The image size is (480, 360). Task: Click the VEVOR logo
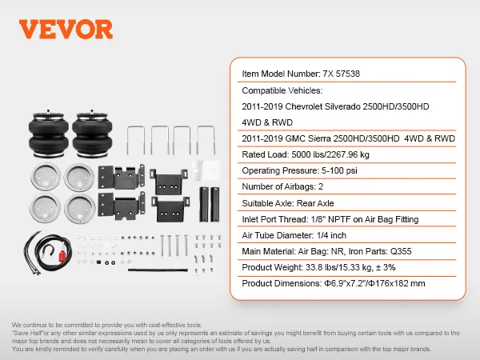coord(65,29)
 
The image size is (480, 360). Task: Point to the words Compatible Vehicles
coord(282,90)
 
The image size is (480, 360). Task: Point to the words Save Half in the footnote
coord(24,332)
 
